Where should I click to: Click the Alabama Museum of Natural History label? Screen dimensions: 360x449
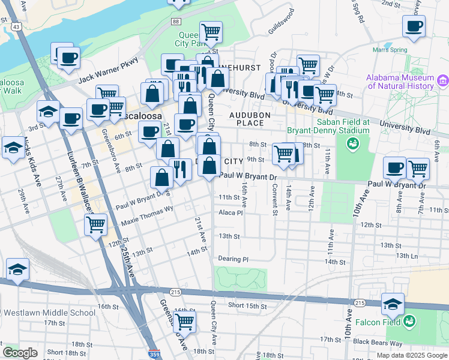point(400,82)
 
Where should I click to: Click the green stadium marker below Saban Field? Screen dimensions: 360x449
point(352,143)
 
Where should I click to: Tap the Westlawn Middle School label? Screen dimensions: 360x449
point(49,313)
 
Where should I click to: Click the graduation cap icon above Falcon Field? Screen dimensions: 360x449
point(393,304)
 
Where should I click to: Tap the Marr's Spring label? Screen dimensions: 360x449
point(390,50)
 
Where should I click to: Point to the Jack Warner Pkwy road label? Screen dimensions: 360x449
point(109,70)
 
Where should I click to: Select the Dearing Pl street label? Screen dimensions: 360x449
point(233,259)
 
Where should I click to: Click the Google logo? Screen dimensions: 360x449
point(20,353)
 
